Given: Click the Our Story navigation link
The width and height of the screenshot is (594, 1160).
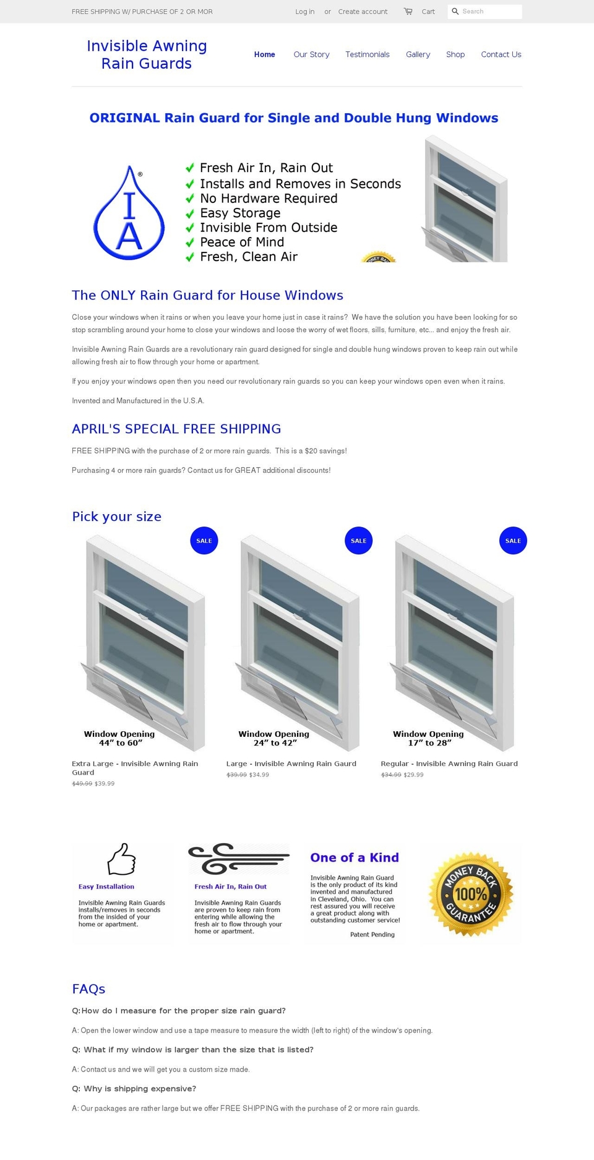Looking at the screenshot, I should pos(311,54).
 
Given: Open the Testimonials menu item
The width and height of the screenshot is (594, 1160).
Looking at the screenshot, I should pos(367,54).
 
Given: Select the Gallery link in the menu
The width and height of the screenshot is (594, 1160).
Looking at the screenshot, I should pos(418,54).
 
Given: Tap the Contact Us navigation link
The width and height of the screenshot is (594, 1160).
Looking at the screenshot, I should pos(501,54).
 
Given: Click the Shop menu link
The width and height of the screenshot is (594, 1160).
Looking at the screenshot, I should pos(455,54).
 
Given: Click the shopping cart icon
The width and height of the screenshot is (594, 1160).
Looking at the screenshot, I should pos(408,11).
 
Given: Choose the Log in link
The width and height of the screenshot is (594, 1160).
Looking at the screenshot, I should pos(304,12).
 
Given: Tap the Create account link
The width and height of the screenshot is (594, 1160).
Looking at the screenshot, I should pos(363,12).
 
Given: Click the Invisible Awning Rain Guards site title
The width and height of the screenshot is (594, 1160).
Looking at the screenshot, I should pos(147,54).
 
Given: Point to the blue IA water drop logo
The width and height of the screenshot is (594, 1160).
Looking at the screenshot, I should pos(129,213).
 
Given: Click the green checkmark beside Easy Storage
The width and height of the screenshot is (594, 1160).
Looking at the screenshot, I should pos(190,213).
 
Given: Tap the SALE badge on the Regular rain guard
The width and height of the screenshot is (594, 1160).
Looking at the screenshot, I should pos(513,541).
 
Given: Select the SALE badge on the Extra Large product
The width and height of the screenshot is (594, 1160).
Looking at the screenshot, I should pos(204,541).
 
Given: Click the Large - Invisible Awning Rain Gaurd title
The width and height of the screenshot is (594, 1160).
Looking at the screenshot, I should pos(291,763).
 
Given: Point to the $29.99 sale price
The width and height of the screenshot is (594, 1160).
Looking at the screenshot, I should pos(414,775).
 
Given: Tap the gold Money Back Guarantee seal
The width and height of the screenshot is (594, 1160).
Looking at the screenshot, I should pos(471,894).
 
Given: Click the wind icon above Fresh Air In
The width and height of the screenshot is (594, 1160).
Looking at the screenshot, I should pos(238,858).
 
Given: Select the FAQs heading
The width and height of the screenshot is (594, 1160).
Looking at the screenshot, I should pos(88,989).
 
